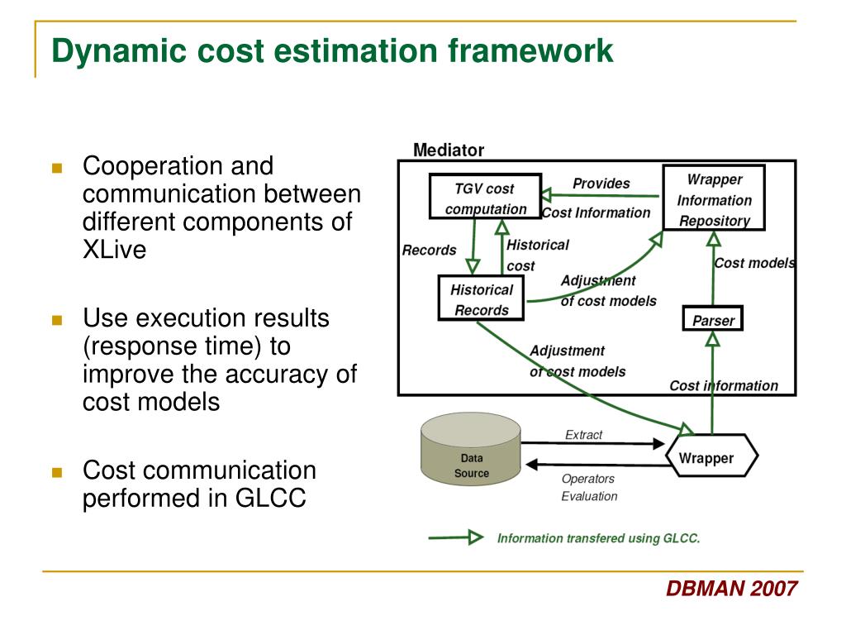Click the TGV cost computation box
coord(485,197)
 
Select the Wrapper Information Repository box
coord(714,198)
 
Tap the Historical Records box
coord(481,299)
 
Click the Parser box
coord(713,319)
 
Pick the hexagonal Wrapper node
coord(711,457)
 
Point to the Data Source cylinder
coord(470,451)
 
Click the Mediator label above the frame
coord(449,150)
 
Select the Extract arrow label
coord(583,435)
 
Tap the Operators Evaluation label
coord(588,487)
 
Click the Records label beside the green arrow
coord(429,250)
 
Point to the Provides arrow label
coord(601,184)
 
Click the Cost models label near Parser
coord(753,263)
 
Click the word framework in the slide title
coord(530,51)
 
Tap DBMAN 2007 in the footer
coord(731,589)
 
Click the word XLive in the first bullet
coord(114,251)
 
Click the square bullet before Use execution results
coord(57,319)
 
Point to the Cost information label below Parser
coord(723,385)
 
